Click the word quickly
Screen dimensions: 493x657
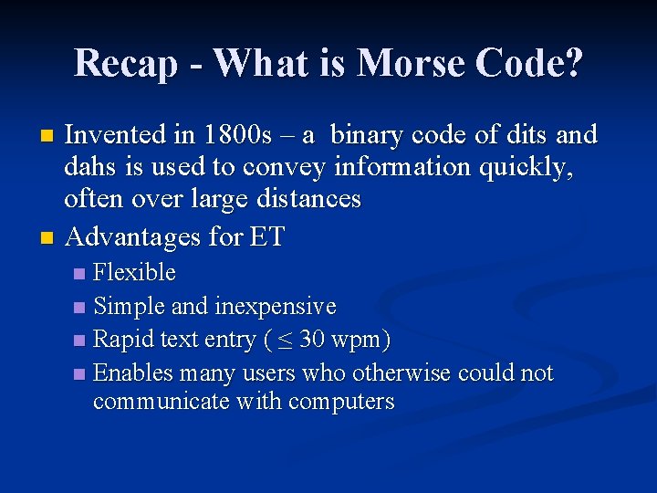(534, 169)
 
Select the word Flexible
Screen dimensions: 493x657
(135, 272)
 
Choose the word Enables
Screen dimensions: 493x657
(134, 373)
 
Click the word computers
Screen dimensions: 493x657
(338, 403)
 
